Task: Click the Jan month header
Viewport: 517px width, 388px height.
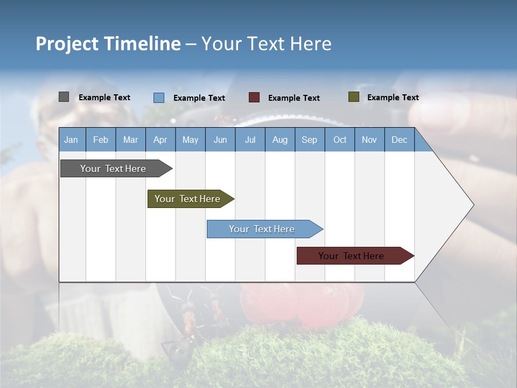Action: [71, 140]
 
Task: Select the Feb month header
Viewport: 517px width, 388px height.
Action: [101, 140]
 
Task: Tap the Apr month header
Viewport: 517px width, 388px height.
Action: [160, 140]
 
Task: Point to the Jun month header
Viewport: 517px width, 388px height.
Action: [220, 140]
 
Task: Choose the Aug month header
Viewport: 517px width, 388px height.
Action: [280, 140]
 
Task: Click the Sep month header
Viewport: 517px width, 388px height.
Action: [309, 140]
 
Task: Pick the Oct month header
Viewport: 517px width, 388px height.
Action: [340, 140]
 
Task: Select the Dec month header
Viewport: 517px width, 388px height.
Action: [399, 140]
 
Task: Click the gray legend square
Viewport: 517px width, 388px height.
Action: [64, 97]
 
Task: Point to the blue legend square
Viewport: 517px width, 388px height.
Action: [158, 98]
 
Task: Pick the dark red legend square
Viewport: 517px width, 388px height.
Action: [254, 98]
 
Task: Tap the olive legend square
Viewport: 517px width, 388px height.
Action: [353, 97]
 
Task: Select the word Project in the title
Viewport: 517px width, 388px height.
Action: [67, 44]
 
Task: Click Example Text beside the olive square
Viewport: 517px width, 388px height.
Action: [393, 98]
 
